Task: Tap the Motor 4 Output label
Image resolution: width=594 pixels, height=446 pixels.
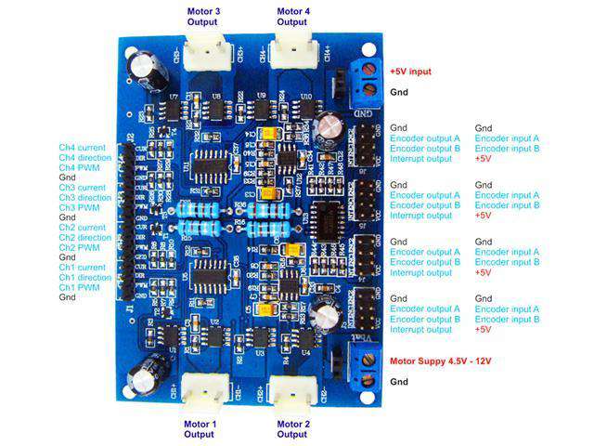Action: pyautogui.click(x=291, y=16)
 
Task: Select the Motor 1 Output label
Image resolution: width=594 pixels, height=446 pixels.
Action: pyautogui.click(x=200, y=428)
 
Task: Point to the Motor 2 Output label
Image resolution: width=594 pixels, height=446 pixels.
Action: pyautogui.click(x=291, y=428)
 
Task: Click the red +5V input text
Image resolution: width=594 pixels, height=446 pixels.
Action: pyautogui.click(x=410, y=72)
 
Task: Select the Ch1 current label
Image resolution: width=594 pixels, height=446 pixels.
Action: pyautogui.click(x=82, y=268)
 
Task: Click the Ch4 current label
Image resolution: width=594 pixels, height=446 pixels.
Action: pyautogui.click(x=82, y=147)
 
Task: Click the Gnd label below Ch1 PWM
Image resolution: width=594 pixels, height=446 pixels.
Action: pyautogui.click(x=68, y=298)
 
